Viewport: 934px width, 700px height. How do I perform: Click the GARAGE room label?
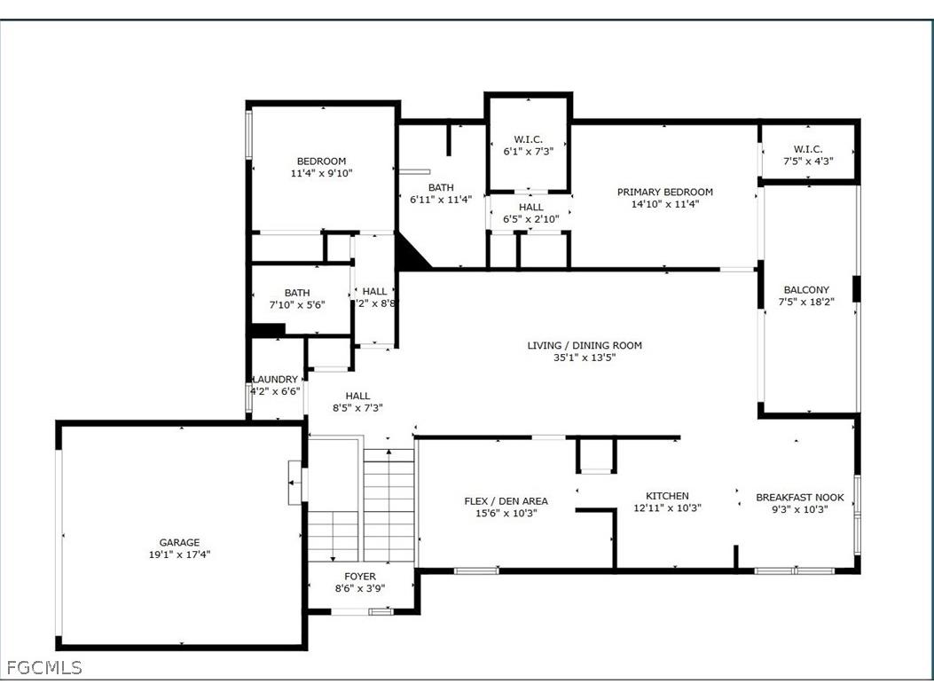click(x=179, y=542)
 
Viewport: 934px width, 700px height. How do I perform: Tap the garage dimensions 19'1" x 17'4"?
click(x=179, y=554)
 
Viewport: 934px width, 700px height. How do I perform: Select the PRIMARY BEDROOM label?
click(x=664, y=192)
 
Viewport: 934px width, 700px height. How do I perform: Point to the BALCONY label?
click(x=806, y=290)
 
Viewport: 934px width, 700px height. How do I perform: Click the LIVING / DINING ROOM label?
click(x=584, y=345)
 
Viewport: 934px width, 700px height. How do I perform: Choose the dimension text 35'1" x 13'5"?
click(x=584, y=358)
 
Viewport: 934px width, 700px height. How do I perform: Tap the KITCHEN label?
click(x=667, y=496)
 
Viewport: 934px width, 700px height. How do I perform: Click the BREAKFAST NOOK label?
click(x=799, y=498)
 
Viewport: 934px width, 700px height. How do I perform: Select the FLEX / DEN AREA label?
click(x=506, y=501)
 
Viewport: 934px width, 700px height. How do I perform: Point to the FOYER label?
click(x=360, y=577)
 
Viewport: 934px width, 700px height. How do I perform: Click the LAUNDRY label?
click(x=275, y=379)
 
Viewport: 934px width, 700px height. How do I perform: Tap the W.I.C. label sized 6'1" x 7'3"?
click(x=528, y=139)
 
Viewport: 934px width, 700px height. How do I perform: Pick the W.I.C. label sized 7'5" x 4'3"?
click(x=808, y=149)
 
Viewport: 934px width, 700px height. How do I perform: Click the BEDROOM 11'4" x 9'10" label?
click(x=321, y=161)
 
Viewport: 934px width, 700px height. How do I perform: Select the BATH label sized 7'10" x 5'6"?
click(x=297, y=293)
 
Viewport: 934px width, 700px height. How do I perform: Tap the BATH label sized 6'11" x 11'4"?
click(x=441, y=187)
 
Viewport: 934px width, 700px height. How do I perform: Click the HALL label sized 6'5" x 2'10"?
click(x=530, y=207)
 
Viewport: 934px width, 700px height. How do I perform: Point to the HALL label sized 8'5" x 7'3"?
click(x=357, y=396)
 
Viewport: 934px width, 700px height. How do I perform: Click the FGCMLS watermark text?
click(x=43, y=667)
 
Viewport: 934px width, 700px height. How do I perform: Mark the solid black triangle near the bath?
click(x=410, y=254)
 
